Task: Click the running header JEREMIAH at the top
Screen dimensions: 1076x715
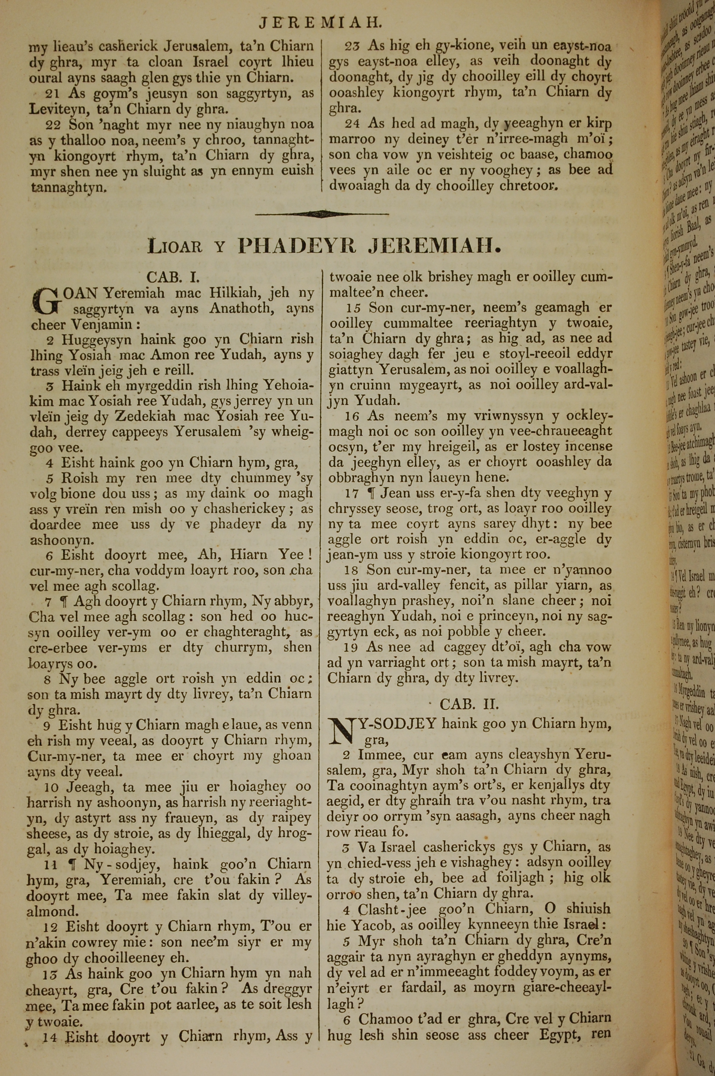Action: click(320, 22)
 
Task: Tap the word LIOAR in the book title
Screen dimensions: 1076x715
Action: click(175, 247)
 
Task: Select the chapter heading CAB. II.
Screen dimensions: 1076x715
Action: click(469, 704)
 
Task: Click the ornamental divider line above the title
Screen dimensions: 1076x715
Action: click(322, 214)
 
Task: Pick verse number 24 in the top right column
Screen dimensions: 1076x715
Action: click(352, 124)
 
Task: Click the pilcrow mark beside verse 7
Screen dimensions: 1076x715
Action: click(63, 602)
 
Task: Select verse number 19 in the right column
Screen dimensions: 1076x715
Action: click(352, 647)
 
